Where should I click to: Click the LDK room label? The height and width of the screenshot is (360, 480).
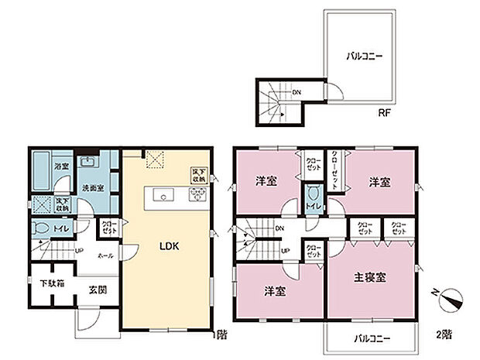pyautogui.click(x=170, y=246)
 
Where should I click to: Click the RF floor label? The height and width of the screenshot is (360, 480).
pyautogui.click(x=385, y=111)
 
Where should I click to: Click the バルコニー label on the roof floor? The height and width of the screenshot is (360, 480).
pyautogui.click(x=362, y=57)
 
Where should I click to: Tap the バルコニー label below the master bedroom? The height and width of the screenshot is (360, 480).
pyautogui.click(x=373, y=338)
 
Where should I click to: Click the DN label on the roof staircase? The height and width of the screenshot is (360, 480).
pyautogui.click(x=297, y=93)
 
